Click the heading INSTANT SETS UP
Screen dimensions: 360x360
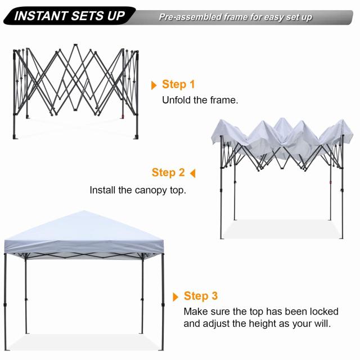point(69,16)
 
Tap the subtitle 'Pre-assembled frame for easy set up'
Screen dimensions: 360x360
point(235,17)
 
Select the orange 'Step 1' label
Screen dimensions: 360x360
point(178,84)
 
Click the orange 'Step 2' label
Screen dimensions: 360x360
point(168,173)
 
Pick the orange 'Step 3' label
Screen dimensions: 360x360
point(201,296)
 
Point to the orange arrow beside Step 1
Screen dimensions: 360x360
point(154,85)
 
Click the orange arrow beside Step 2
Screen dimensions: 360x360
point(192,173)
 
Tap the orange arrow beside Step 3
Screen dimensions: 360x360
point(176,296)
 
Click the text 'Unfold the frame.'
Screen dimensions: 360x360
point(200,101)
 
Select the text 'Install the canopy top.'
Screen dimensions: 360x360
point(138,190)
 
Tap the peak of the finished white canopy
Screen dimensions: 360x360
point(83,212)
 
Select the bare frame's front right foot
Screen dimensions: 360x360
point(136,136)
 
